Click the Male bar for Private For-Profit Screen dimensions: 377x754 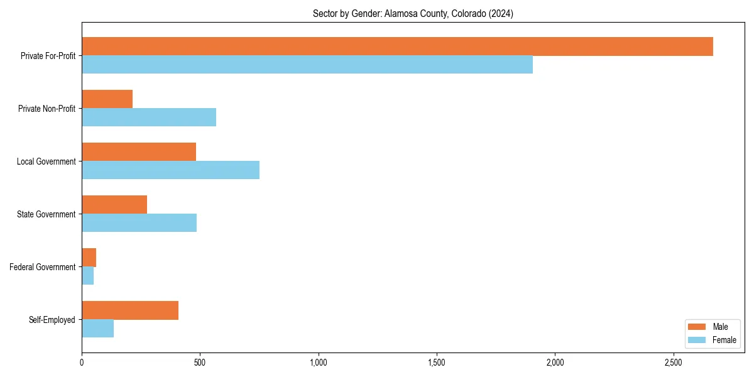point(397,46)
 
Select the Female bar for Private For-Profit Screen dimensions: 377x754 point(307,65)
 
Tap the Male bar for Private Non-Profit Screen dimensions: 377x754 point(107,99)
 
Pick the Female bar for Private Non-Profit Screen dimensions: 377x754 point(149,117)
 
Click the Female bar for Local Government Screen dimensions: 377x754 point(170,170)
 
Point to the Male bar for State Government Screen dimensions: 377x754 point(114,205)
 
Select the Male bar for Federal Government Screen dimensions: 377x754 point(89,258)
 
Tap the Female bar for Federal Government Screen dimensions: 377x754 point(88,276)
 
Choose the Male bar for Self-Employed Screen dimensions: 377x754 point(130,310)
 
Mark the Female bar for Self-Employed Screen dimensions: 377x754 point(98,329)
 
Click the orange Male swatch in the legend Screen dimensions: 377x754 point(697,327)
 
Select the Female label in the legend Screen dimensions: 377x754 point(724,340)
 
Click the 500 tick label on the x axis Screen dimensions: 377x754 point(200,363)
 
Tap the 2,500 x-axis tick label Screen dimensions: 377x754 point(673,363)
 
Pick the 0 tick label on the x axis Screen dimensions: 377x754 point(82,363)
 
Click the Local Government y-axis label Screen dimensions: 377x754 point(46,161)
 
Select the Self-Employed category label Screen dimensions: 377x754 point(52,320)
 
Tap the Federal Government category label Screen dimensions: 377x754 point(43,267)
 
